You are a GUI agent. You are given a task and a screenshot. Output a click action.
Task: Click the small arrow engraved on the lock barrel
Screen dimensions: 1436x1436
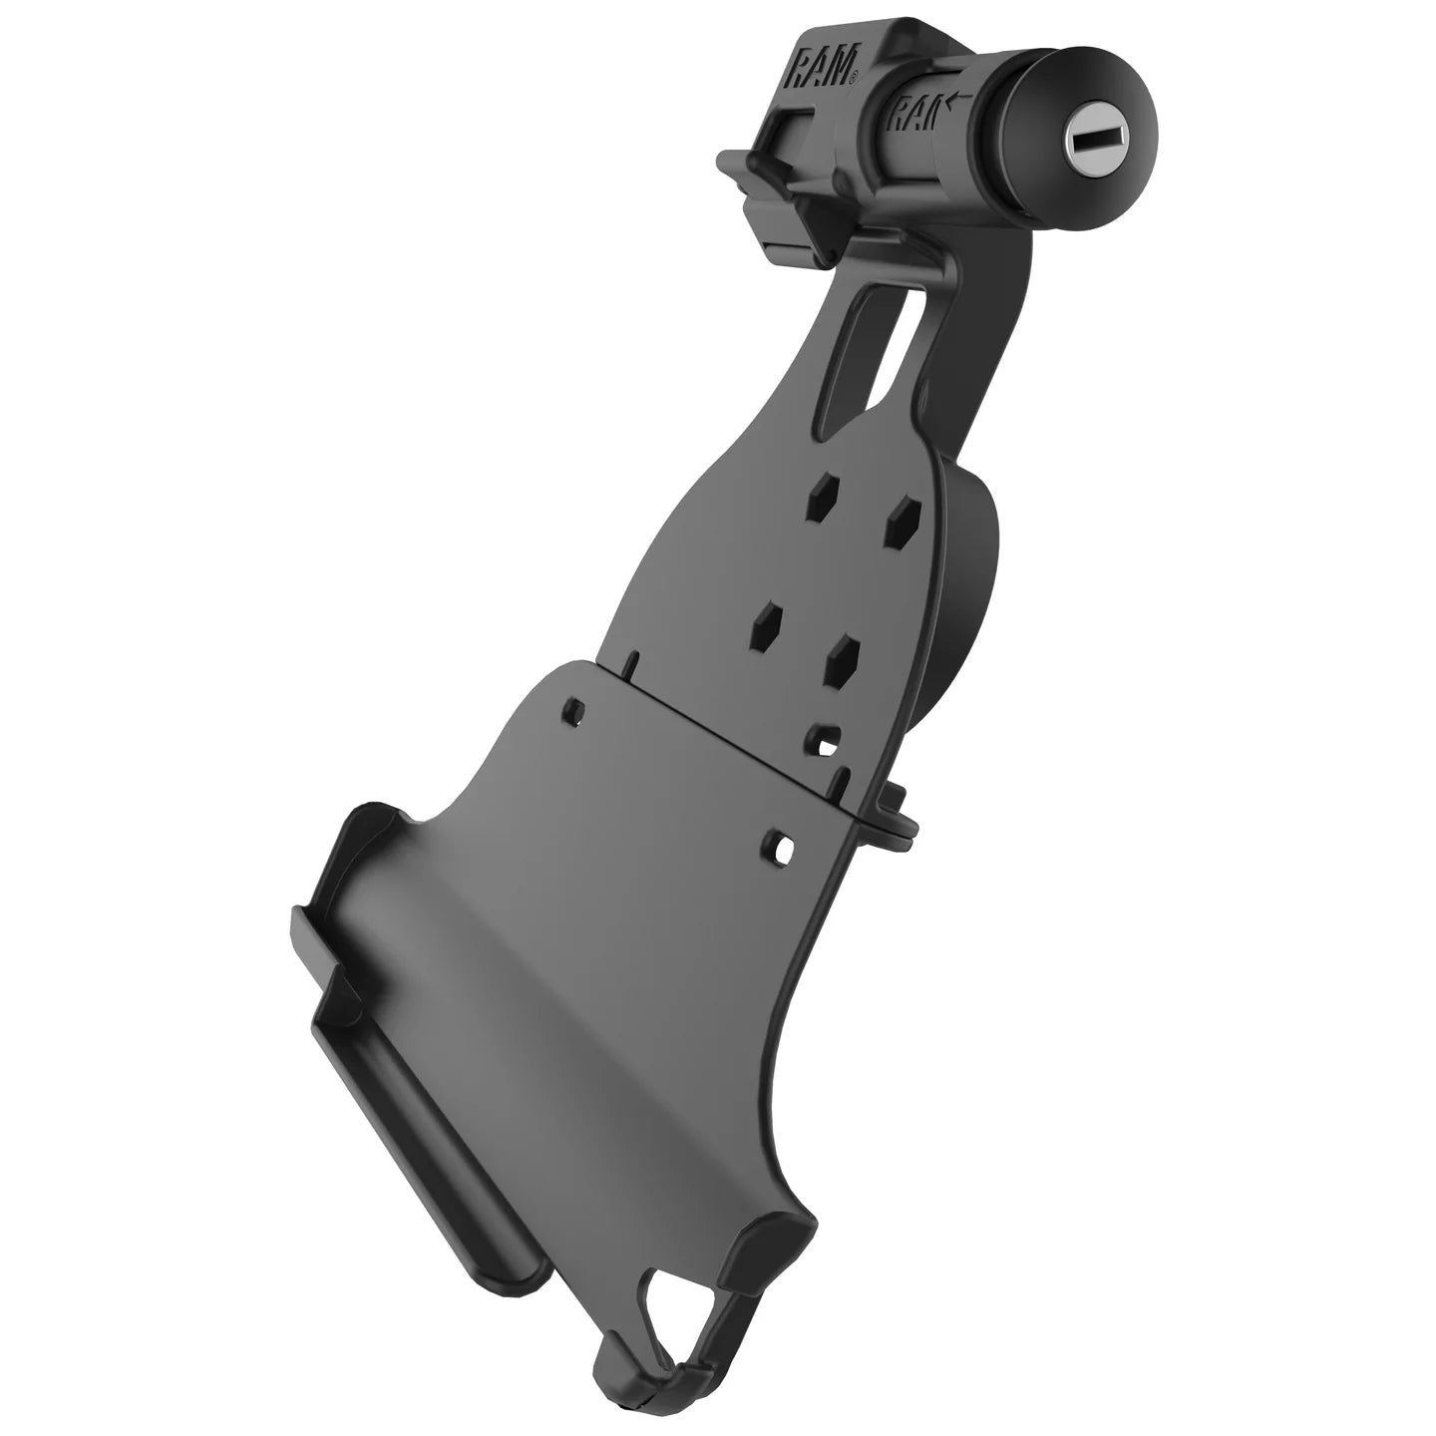959,98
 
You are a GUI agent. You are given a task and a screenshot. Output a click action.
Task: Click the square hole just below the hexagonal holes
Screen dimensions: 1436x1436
824,739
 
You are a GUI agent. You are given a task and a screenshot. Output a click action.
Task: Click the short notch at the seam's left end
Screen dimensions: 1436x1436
630,663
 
